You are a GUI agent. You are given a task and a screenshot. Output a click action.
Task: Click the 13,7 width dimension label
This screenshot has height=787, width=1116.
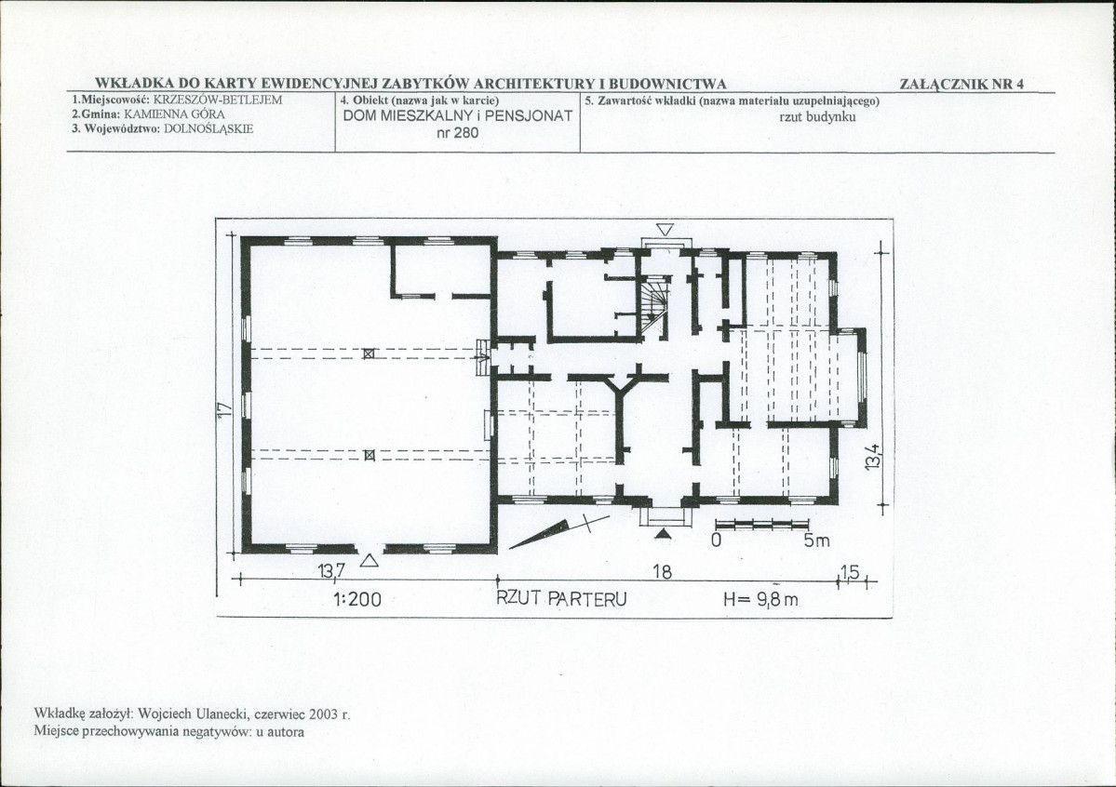point(331,570)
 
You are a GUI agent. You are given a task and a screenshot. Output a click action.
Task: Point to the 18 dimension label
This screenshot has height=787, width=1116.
point(662,571)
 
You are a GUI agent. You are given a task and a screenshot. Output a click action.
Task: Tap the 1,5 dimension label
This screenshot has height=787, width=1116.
point(850,571)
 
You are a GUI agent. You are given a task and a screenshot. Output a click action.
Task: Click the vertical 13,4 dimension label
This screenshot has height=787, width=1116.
point(873,456)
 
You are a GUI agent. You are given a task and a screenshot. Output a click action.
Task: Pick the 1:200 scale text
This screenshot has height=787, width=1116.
point(357,600)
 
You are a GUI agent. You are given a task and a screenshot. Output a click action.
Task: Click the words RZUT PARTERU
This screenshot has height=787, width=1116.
point(561,598)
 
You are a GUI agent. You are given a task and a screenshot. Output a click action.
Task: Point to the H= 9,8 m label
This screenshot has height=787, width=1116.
point(760,599)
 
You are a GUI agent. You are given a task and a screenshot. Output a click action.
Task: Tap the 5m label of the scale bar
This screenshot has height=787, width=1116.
point(817,540)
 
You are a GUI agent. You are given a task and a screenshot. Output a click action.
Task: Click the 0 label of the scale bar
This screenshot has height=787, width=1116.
point(716,540)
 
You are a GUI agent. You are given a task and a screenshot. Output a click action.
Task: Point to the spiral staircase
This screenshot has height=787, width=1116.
point(653,306)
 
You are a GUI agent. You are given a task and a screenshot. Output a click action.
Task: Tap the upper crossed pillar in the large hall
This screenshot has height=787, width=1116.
point(368,353)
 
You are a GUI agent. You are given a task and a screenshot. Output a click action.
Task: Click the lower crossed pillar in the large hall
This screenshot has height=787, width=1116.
point(369,455)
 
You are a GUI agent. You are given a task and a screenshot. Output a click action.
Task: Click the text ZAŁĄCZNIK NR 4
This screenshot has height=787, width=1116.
point(961,84)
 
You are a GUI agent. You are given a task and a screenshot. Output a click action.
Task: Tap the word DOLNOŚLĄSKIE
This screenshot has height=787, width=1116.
point(208,128)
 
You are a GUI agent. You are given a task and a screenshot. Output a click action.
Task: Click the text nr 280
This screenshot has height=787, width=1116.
point(458,132)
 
